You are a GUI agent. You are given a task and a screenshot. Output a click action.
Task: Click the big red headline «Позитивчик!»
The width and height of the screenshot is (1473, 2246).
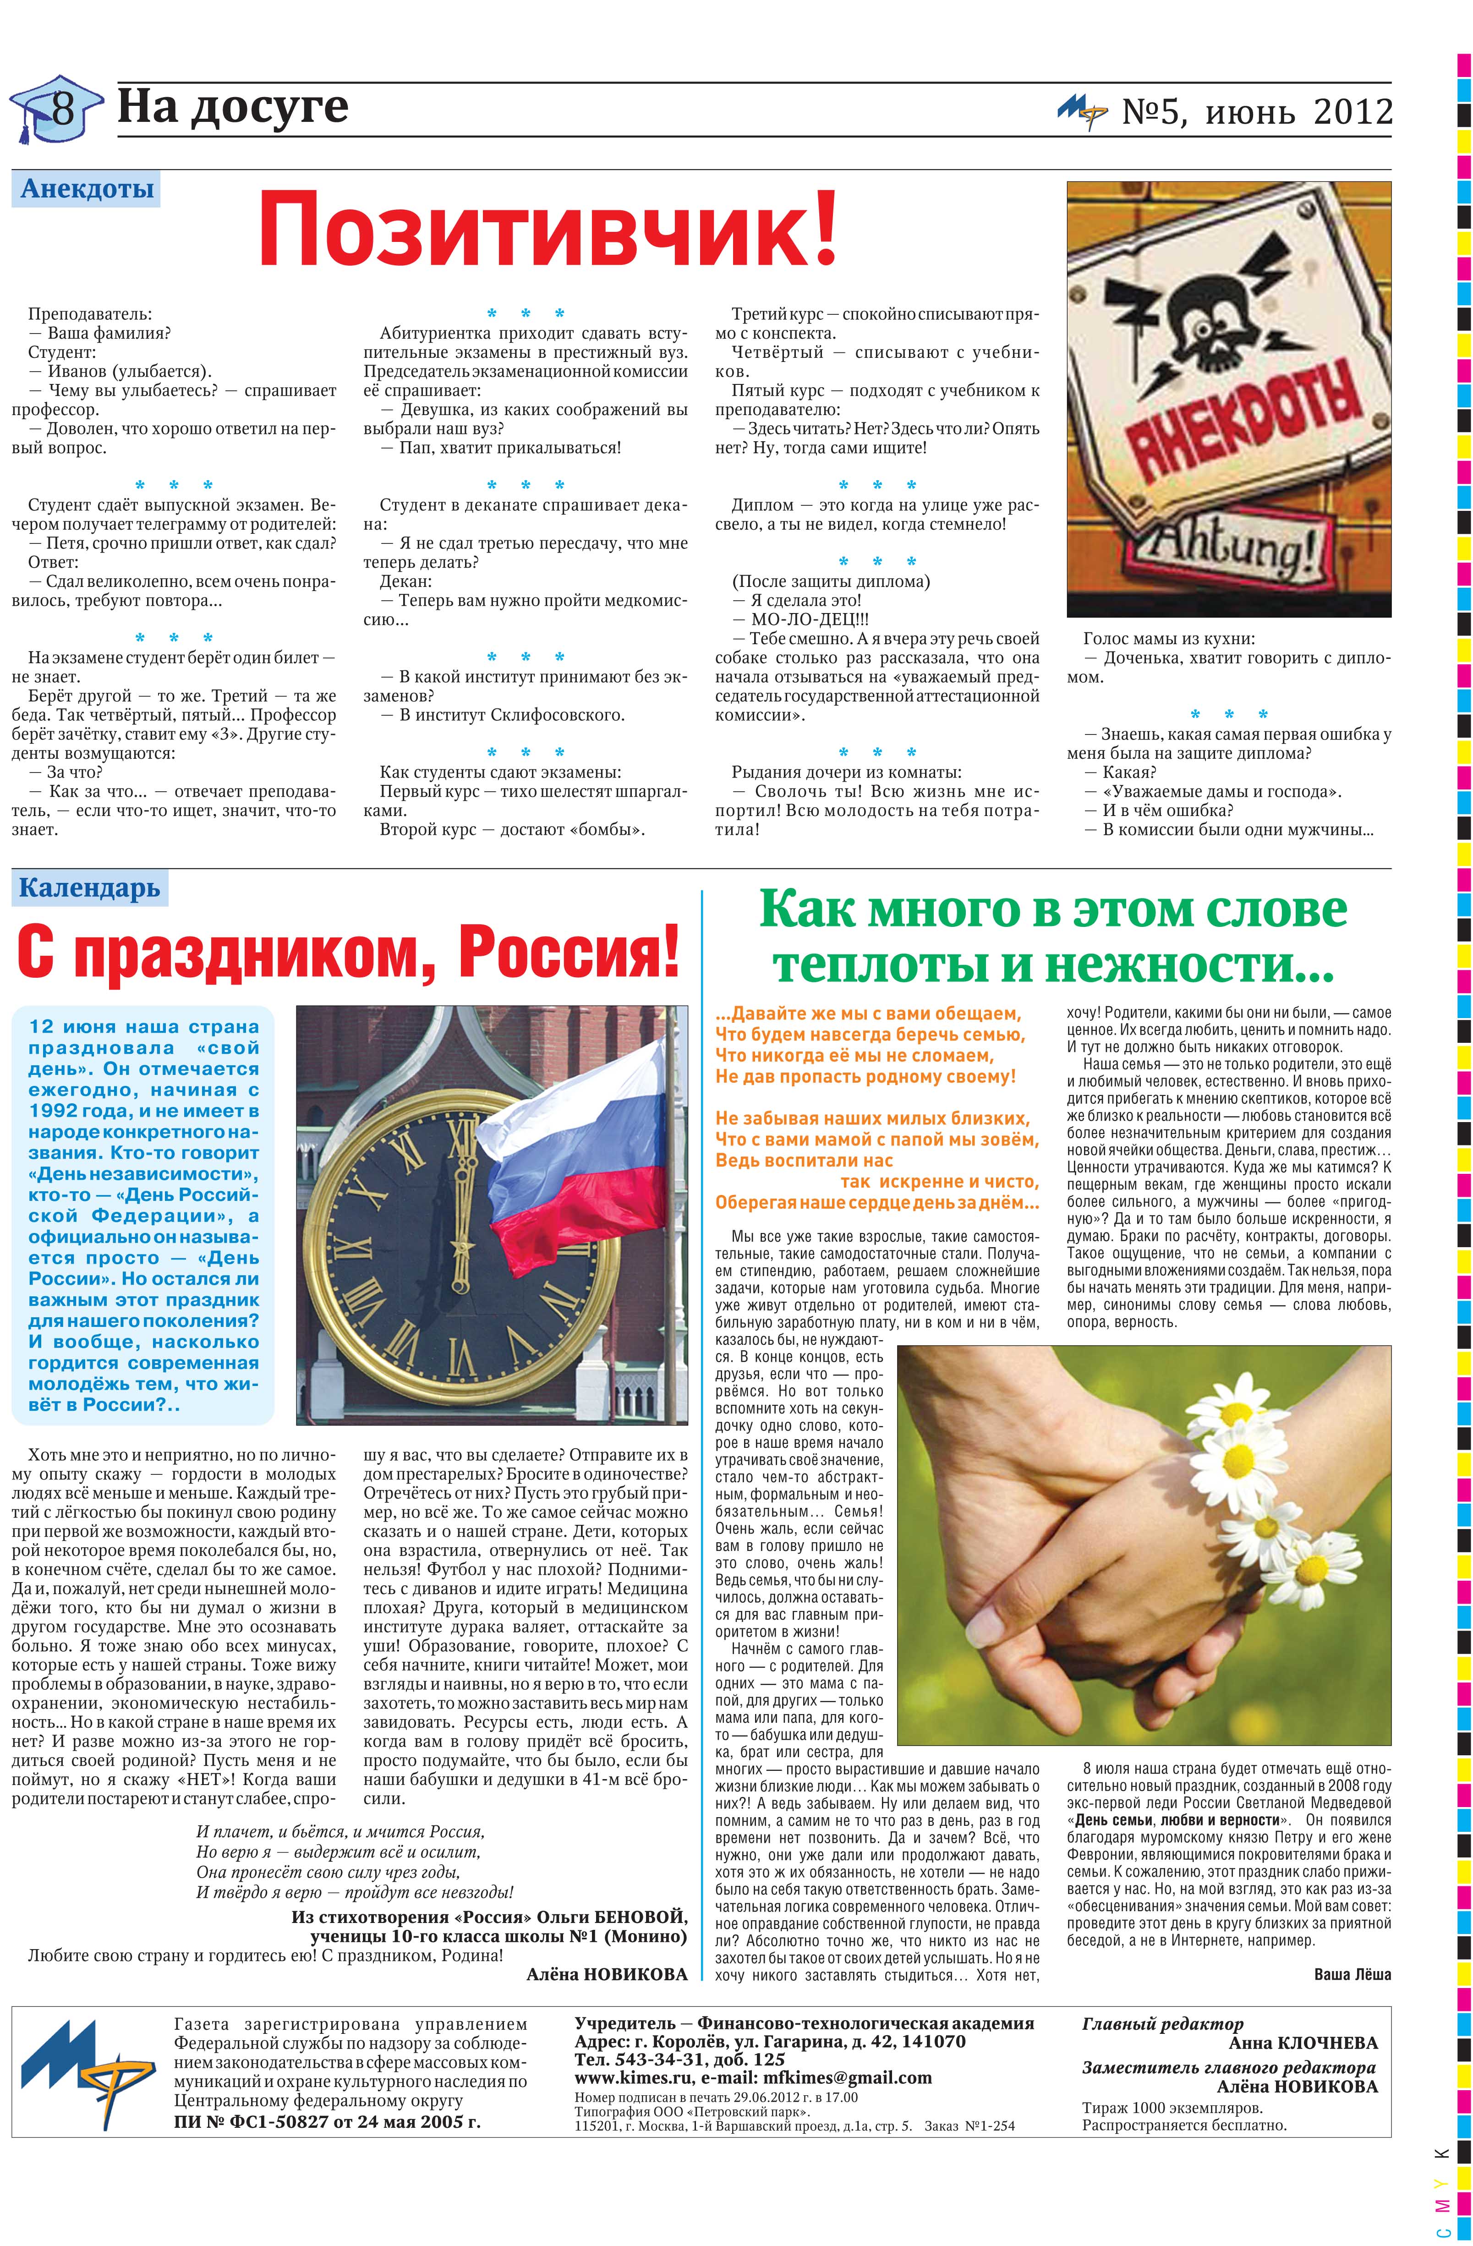[548, 229]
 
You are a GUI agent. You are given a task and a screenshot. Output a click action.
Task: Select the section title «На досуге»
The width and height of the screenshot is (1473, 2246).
[232, 107]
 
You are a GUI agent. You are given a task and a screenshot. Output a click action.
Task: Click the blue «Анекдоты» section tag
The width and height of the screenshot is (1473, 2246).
[87, 189]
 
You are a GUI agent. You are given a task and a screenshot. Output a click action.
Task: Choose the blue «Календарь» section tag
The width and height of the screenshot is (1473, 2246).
[90, 888]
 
